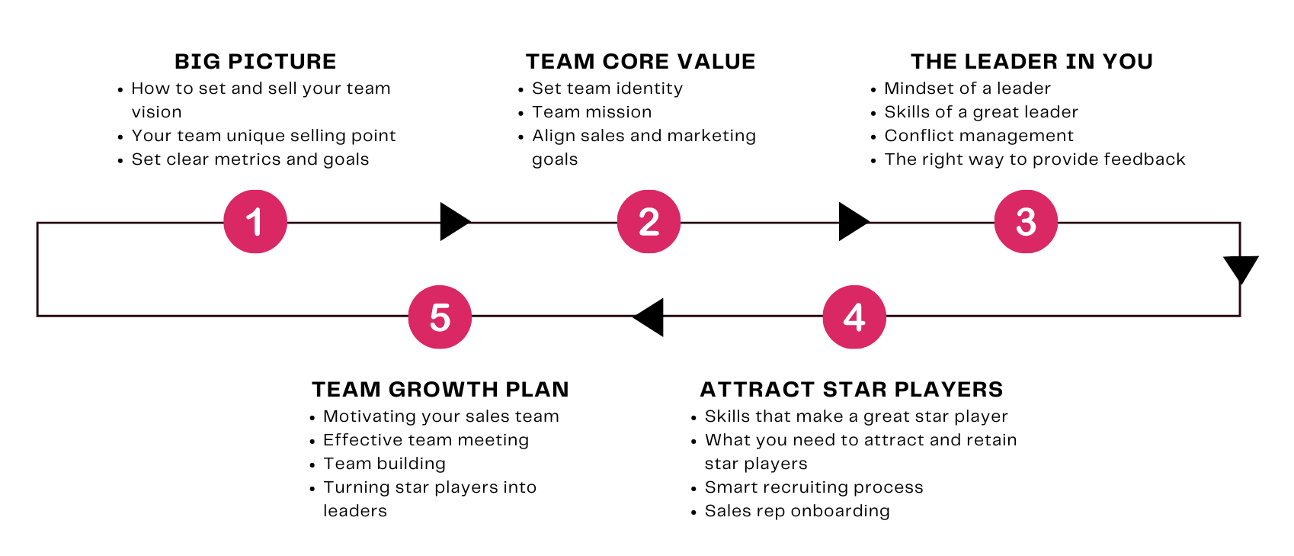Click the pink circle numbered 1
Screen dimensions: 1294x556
(x=255, y=222)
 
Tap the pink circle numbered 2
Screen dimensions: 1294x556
(x=649, y=222)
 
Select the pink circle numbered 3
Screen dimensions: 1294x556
(x=1026, y=222)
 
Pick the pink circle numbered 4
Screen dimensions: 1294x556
(x=854, y=317)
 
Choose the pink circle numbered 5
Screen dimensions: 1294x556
(x=440, y=317)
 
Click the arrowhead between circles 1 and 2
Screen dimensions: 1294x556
(x=453, y=222)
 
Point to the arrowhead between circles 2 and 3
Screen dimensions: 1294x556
(x=852, y=222)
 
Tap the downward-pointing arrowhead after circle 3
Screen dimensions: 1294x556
(x=1240, y=268)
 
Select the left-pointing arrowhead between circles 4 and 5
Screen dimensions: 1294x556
(x=650, y=317)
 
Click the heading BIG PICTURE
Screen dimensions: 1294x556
(x=255, y=62)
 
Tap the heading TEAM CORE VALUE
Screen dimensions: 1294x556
(x=640, y=62)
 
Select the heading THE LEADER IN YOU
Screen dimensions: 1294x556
(x=1032, y=62)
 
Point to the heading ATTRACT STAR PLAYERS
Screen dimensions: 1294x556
(x=851, y=390)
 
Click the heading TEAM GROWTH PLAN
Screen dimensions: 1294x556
(x=440, y=390)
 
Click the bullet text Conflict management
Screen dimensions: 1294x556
(x=979, y=136)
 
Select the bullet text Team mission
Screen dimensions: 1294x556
(x=591, y=112)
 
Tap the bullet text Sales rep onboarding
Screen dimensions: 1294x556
(x=797, y=511)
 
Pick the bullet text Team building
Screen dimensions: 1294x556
(x=384, y=464)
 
